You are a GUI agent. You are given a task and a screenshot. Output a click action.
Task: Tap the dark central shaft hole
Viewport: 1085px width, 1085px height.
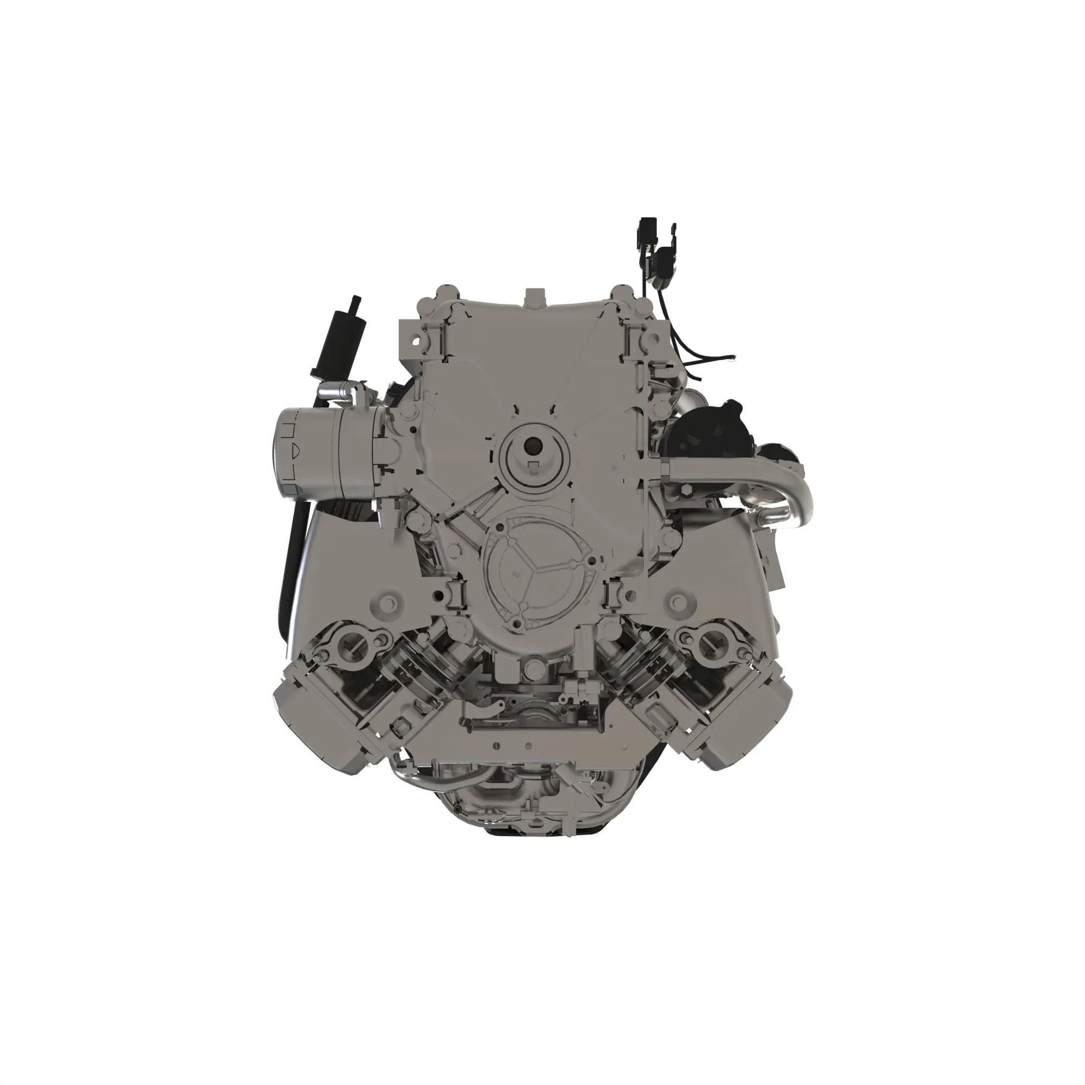point(530,446)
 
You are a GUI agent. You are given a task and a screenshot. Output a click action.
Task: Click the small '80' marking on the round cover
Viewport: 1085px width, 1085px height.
point(515,574)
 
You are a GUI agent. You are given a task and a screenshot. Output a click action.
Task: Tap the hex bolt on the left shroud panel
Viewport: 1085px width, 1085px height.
point(387,603)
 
